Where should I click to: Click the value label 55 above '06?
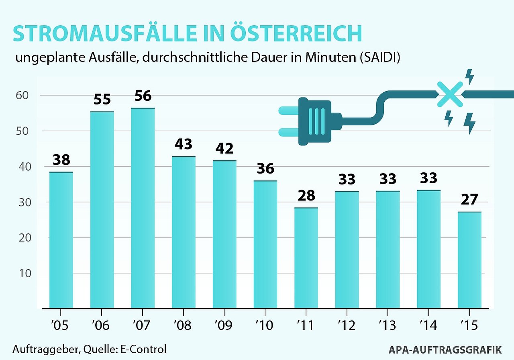102,99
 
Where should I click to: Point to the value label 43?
184,144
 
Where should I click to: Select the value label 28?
306,196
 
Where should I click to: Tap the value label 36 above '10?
265,168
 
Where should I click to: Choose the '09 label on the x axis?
223,325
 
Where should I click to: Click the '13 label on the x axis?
387,325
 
